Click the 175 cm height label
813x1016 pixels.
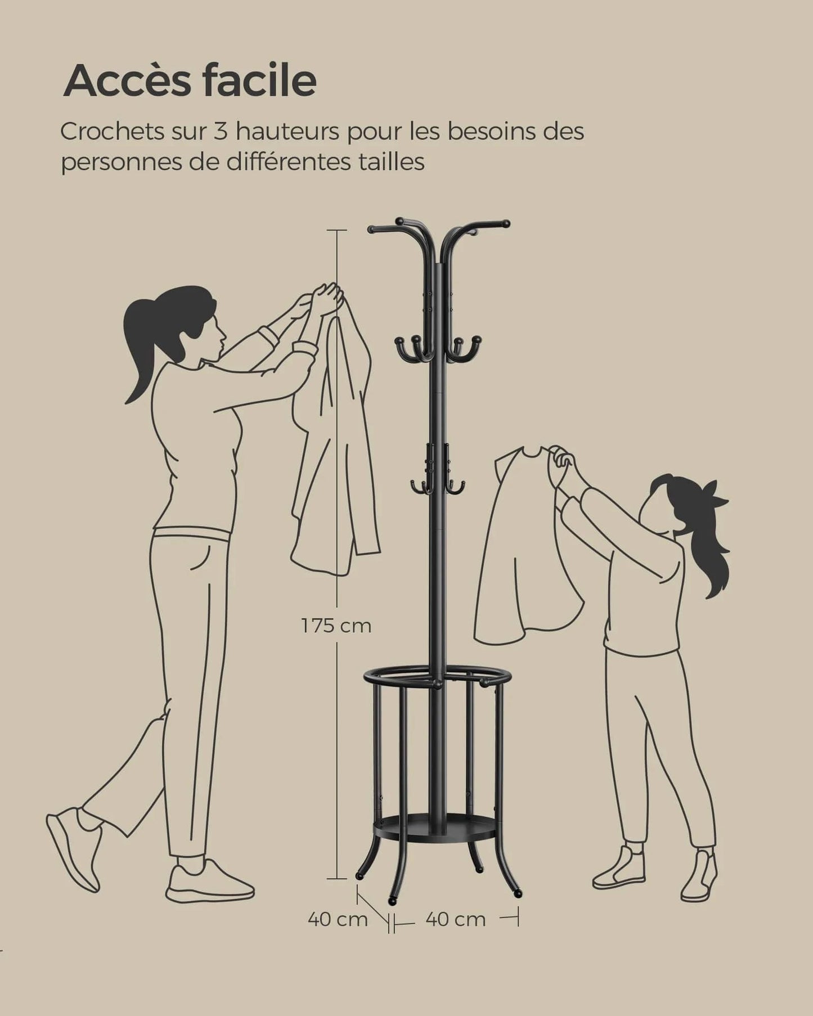336,626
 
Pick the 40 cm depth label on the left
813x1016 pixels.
337,920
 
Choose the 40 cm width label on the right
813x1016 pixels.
455,920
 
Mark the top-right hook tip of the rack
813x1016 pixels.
506,223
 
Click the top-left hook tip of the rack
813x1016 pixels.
371,230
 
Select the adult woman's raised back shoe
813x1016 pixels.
73,849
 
